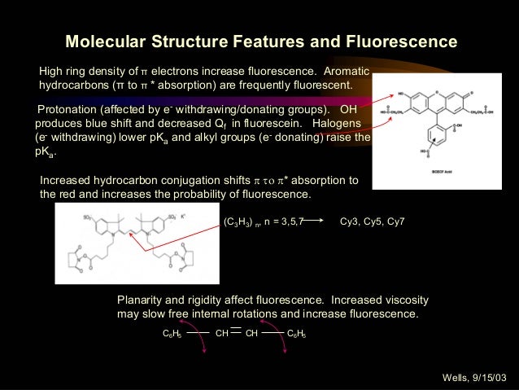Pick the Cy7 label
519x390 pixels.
pos(395,221)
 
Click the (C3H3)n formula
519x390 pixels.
pos(240,221)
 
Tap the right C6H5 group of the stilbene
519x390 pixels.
pos(297,333)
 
